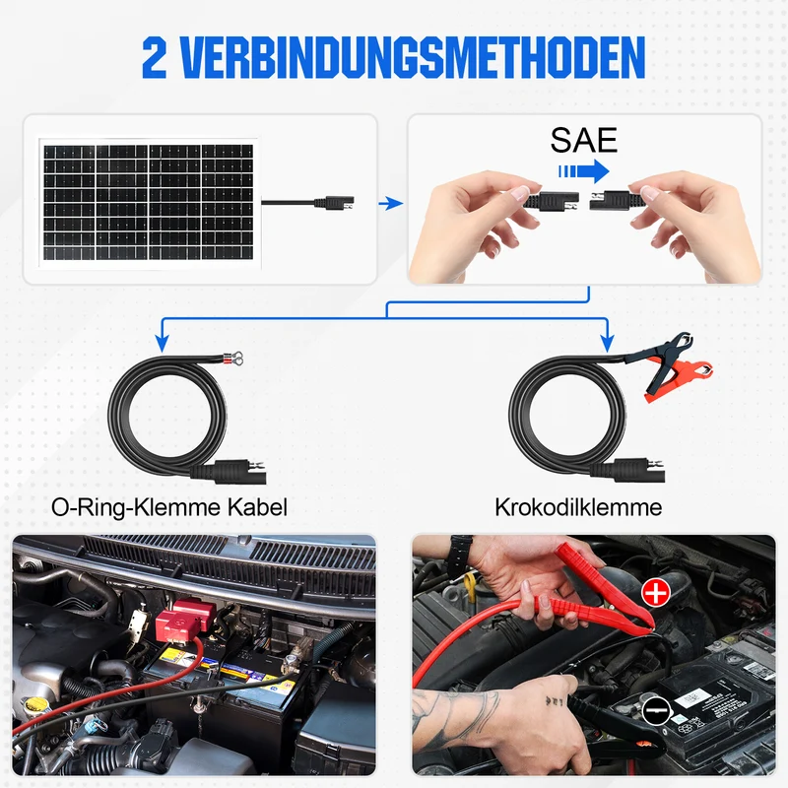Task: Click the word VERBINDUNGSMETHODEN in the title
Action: click(413, 58)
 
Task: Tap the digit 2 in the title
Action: click(155, 58)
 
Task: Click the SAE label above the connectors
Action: click(583, 140)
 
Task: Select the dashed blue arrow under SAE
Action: click(583, 171)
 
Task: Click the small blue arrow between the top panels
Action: click(390, 204)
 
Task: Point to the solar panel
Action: click(149, 203)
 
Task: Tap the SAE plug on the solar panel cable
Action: click(334, 203)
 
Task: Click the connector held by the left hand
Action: click(552, 201)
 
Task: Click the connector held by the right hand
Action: click(610, 201)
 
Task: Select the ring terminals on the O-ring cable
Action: click(231, 359)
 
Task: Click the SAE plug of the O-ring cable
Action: click(236, 472)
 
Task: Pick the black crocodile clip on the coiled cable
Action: click(662, 360)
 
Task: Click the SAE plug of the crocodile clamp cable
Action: click(636, 471)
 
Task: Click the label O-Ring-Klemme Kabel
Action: click(169, 507)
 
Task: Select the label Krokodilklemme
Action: click(578, 507)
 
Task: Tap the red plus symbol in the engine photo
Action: click(656, 592)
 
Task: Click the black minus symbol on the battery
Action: click(656, 710)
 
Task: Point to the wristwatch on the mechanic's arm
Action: click(461, 550)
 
